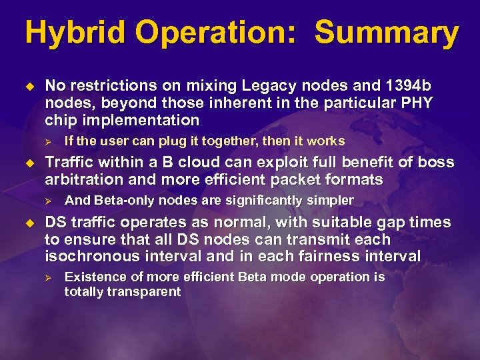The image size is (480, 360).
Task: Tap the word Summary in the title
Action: coord(387,33)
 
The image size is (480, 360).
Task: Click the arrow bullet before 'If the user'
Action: coord(47,141)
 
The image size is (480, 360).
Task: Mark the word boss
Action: coord(437,162)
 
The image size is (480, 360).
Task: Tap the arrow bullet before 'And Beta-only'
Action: coord(47,201)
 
